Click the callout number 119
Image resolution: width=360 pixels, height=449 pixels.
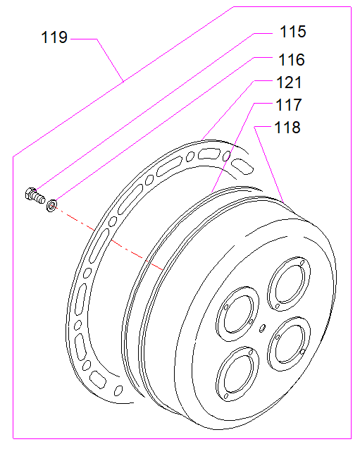tap(54, 37)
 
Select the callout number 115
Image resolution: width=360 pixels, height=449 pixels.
tap(293, 32)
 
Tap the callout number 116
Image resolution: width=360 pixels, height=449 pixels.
tap(292, 60)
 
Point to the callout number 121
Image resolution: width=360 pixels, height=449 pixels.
tap(289, 82)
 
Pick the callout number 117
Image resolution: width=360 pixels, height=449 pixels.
tap(288, 105)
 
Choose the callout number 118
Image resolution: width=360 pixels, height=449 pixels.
tap(287, 127)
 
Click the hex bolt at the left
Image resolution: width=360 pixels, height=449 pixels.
tap(35, 195)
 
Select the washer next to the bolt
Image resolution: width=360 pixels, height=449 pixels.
tap(51, 205)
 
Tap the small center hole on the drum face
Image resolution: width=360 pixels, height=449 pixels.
tap(262, 328)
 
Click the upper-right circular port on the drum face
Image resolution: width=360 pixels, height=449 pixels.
tap(289, 284)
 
